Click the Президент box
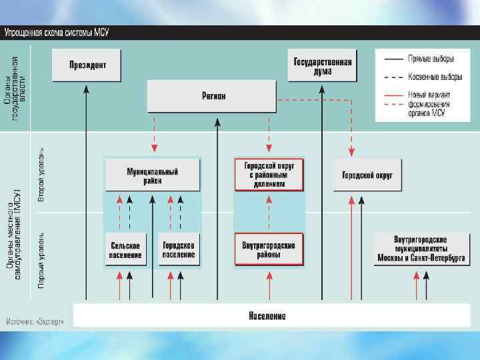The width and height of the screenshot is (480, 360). (x=87, y=65)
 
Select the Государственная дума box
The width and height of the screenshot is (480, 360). (x=322, y=65)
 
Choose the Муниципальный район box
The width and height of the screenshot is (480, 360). (x=153, y=175)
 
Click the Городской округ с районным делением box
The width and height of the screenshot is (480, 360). (x=269, y=175)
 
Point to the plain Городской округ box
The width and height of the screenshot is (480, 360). (x=367, y=175)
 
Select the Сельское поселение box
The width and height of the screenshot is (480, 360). (x=126, y=250)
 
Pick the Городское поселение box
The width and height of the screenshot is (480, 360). (x=179, y=250)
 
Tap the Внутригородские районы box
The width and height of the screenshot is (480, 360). (x=269, y=250)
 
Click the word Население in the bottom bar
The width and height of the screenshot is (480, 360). (x=267, y=315)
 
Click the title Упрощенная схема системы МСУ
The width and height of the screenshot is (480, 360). (x=56, y=32)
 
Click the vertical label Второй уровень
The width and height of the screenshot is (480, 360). (x=41, y=175)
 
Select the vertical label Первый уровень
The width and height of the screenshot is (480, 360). (x=41, y=260)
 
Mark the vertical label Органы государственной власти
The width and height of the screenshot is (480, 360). (x=18, y=87)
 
